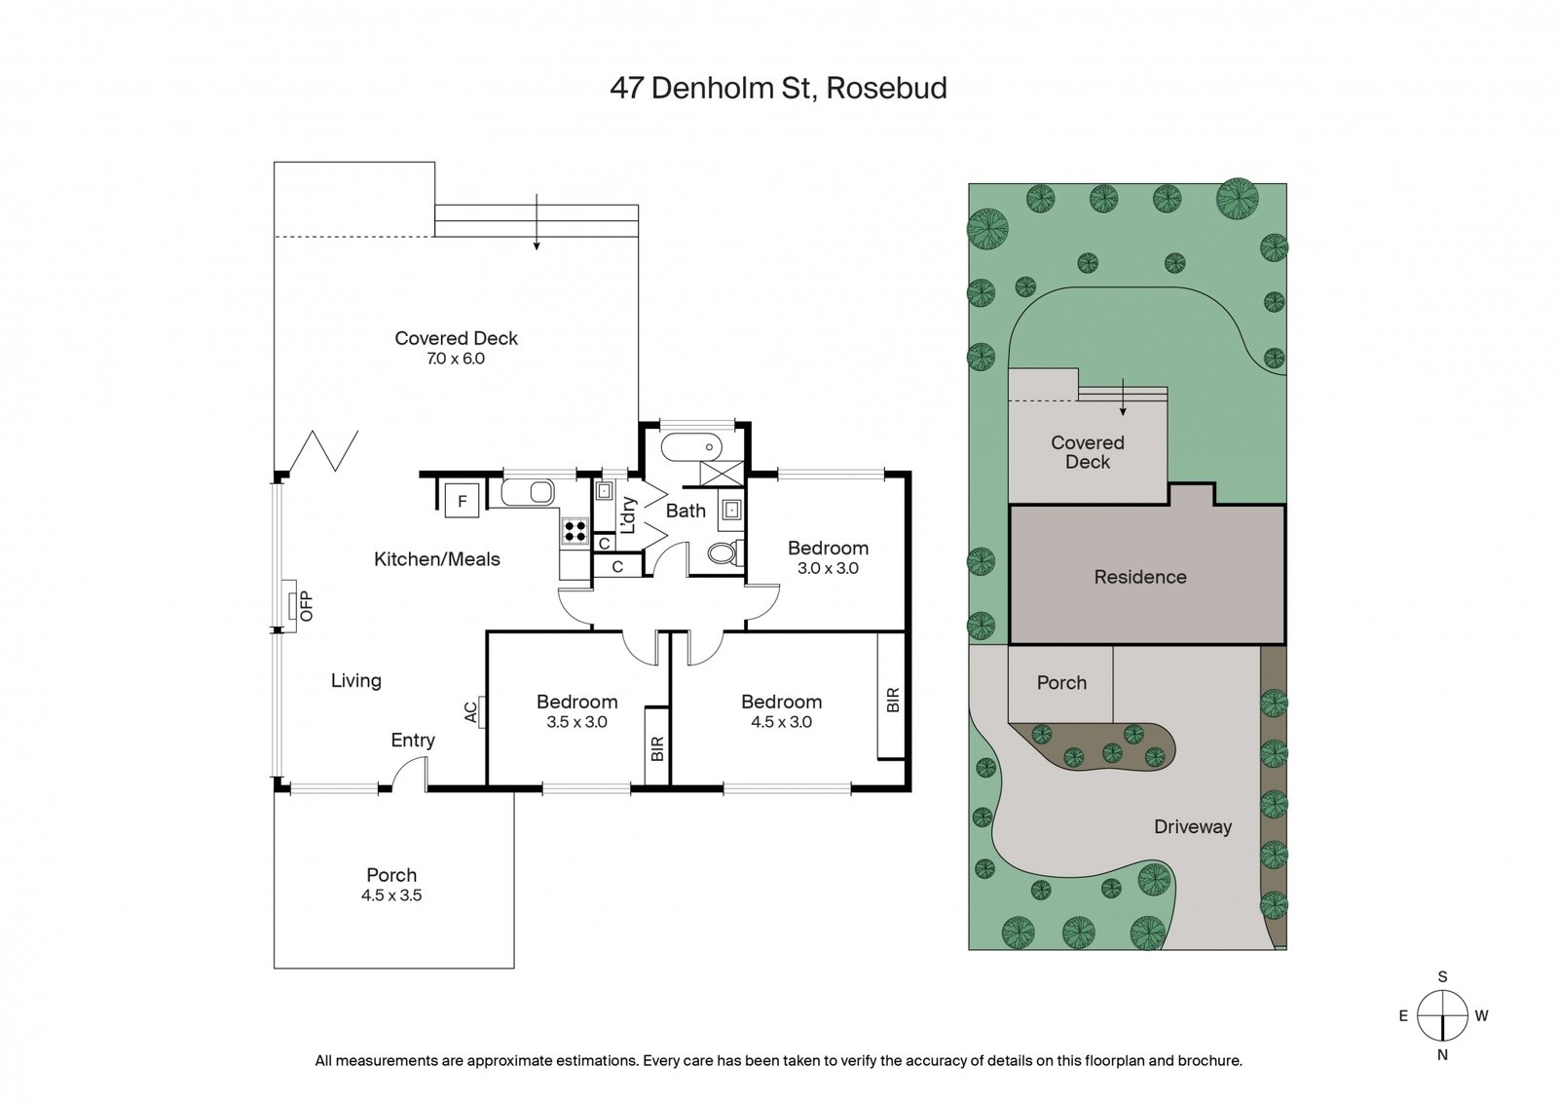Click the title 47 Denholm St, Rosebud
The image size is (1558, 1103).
(778, 89)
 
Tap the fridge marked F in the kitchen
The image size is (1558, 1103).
(462, 501)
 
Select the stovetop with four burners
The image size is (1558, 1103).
(575, 531)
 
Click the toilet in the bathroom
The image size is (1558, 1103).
(724, 553)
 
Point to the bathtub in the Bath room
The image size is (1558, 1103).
(691, 447)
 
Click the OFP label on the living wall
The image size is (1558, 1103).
(307, 605)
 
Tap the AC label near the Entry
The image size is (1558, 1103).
(471, 712)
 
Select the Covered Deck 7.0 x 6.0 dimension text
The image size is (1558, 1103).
(456, 360)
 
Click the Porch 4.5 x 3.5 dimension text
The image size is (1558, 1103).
(391, 895)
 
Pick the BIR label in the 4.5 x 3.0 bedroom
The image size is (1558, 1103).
(893, 700)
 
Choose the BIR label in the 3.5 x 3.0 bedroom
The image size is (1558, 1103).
(657, 748)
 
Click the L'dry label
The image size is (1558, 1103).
(628, 514)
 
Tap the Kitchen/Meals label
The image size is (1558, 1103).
(437, 558)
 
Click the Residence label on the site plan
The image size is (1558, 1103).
(1140, 577)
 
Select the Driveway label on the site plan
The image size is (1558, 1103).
(1193, 826)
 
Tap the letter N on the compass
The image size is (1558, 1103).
(1442, 1055)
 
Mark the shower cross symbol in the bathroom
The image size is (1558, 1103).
(722, 473)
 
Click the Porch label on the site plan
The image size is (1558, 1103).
(1061, 683)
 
